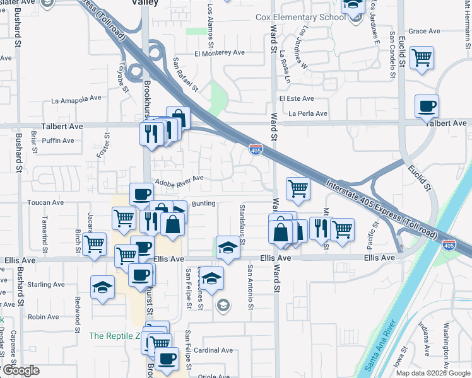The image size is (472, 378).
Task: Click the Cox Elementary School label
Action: click(300, 17)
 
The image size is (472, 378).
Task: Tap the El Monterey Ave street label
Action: click(220, 54)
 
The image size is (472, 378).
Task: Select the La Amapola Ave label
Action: click(76, 99)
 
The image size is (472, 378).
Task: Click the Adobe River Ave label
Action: click(179, 178)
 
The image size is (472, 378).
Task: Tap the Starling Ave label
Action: click(46, 285)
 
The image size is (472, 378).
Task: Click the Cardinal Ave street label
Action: click(213, 350)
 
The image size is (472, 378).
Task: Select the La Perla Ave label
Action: click(308, 114)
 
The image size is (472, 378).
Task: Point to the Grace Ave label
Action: click(424, 31)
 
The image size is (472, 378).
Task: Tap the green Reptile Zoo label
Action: click(114, 336)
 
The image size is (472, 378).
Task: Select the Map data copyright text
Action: click(432, 373)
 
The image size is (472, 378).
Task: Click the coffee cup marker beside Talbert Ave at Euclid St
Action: click(427, 106)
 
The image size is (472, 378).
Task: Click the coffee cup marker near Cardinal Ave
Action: click(167, 358)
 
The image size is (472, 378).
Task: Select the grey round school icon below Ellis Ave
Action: click(222, 306)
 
